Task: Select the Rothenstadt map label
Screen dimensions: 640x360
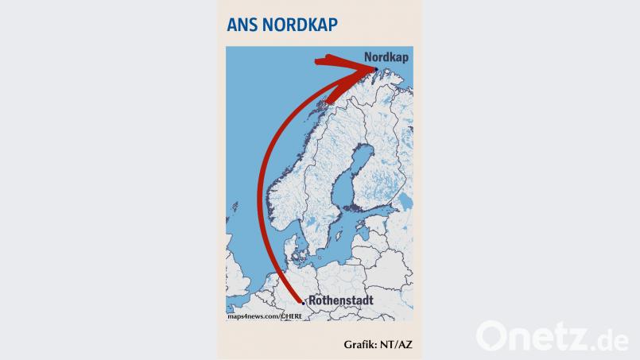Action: tap(339, 300)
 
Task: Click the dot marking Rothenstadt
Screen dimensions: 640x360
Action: tap(303, 302)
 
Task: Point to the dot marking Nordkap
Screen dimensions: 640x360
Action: tap(375, 68)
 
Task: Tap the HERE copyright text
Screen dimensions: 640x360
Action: tap(297, 315)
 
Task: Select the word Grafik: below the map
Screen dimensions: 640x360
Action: tap(361, 344)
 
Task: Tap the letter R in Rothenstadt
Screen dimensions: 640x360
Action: tap(311, 300)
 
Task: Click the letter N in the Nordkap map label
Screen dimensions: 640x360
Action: tap(368, 57)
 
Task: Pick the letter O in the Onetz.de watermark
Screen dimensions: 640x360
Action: tap(491, 335)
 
